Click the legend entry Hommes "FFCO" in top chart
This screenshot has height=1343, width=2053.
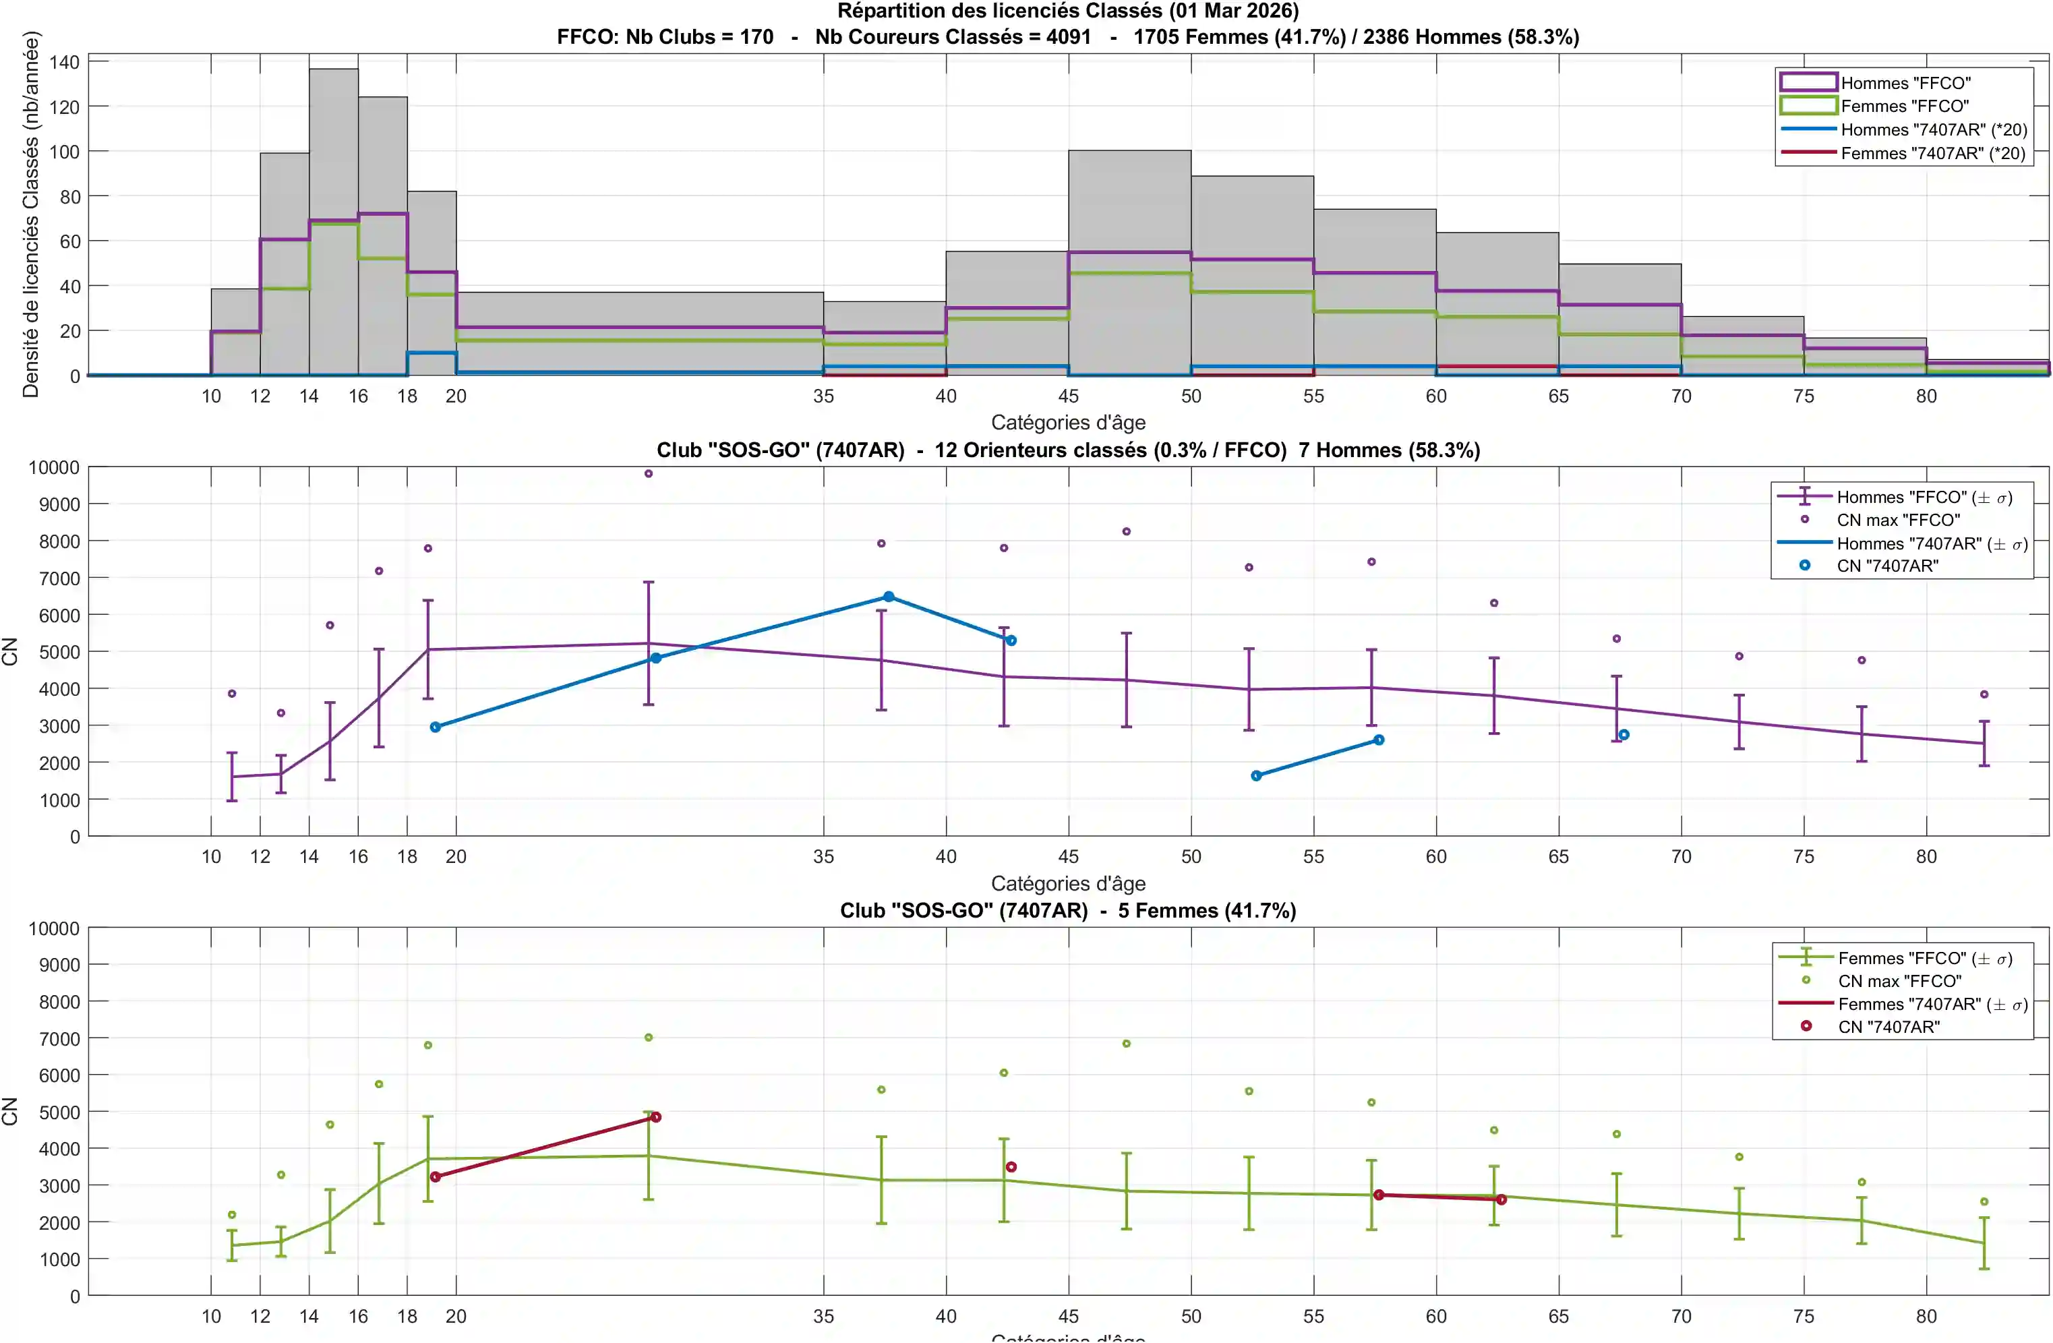(x=1905, y=83)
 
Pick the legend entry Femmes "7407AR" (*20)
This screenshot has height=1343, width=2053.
(x=1932, y=154)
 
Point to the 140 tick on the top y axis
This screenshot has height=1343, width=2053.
(x=65, y=62)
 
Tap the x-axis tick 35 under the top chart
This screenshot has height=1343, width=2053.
(x=823, y=396)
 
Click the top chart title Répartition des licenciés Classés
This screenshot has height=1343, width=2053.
(x=1068, y=11)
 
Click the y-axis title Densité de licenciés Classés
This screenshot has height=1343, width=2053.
(x=31, y=214)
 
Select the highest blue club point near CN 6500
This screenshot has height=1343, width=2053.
(x=889, y=597)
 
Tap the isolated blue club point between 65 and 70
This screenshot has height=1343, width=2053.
(x=1624, y=735)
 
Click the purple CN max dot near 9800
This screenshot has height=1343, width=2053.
(x=649, y=473)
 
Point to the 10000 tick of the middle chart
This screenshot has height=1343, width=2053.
(x=53, y=467)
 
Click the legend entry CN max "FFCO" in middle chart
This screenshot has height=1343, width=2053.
(x=1898, y=520)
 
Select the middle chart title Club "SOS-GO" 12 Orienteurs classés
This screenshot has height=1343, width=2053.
(x=1068, y=450)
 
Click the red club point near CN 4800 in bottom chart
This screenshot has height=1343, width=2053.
(x=655, y=1117)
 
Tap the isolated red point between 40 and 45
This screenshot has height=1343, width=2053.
(x=1011, y=1167)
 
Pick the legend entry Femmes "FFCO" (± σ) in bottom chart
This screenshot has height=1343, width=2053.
(x=1924, y=958)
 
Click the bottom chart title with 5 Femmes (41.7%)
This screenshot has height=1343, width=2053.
(x=1068, y=911)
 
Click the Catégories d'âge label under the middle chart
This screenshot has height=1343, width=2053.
(x=1068, y=883)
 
